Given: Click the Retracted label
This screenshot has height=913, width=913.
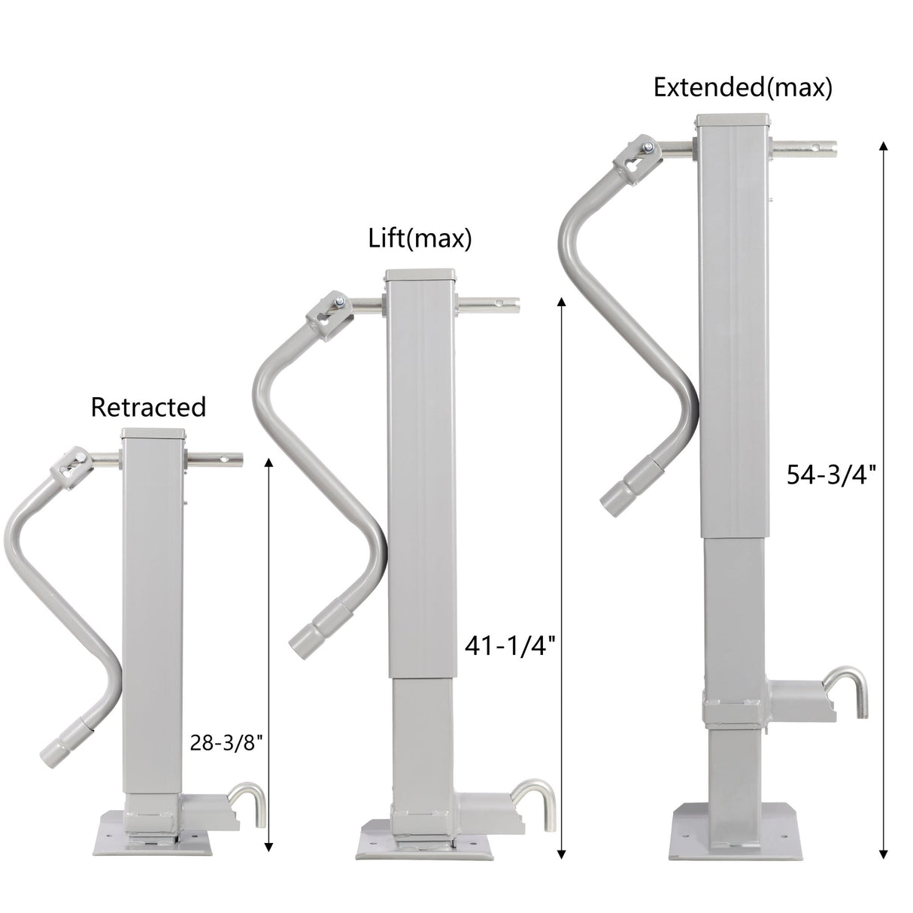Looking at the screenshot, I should (x=148, y=407).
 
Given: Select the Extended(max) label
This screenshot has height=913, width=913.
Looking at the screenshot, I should (x=742, y=88).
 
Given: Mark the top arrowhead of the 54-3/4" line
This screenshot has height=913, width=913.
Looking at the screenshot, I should (x=883, y=147).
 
